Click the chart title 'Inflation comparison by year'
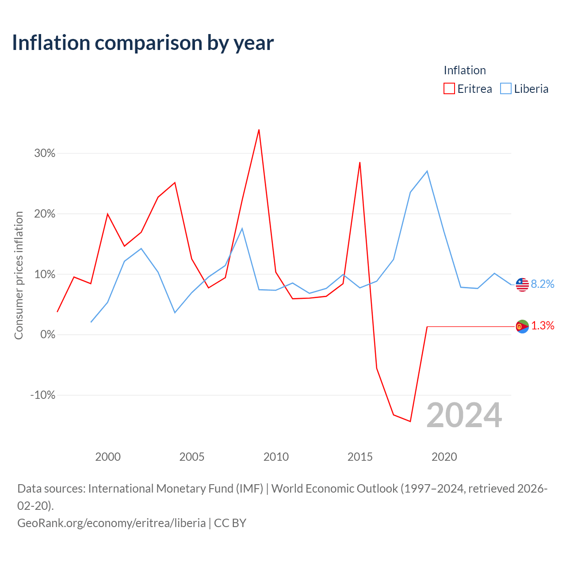(x=143, y=43)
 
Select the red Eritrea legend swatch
(x=449, y=88)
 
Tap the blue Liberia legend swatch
(x=505, y=88)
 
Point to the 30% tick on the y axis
(x=45, y=153)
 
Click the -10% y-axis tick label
(x=43, y=395)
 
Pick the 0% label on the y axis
(x=48, y=335)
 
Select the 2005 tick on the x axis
(x=192, y=457)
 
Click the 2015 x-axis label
(x=360, y=457)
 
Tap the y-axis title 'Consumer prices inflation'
(x=19, y=275)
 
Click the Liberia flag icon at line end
(x=522, y=284)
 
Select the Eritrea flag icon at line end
(x=522, y=326)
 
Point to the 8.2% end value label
(x=542, y=284)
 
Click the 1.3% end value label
(x=543, y=325)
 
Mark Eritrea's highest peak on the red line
(x=259, y=130)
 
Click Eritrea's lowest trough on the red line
(x=410, y=421)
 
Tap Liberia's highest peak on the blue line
(x=427, y=171)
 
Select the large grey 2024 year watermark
(x=464, y=415)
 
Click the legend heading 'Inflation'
(x=465, y=70)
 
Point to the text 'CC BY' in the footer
(x=230, y=523)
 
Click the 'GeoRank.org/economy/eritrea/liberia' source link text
(x=111, y=523)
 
